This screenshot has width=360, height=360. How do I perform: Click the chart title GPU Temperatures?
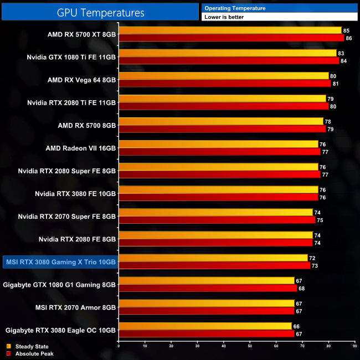pyautogui.click(x=100, y=12)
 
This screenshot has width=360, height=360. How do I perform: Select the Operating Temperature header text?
pyautogui.click(x=235, y=8)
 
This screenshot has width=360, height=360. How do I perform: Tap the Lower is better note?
pyautogui.click(x=224, y=17)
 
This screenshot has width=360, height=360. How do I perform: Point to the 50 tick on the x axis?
pyautogui.click(x=250, y=347)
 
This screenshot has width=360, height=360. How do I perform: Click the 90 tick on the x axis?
pyautogui.click(x=354, y=347)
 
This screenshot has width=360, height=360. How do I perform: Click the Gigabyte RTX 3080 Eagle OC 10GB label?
pyautogui.click(x=60, y=330)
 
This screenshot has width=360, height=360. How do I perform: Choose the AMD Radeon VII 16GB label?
pyautogui.click(x=81, y=148)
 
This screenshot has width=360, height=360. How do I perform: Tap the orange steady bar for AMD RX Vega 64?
pyautogui.click(x=224, y=76)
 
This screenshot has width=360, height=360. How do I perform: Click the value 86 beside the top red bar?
pyautogui.click(x=348, y=38)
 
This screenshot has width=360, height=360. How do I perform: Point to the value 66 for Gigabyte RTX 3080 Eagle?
pyautogui.click(x=296, y=326)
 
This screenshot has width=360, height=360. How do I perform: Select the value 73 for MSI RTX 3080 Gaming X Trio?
pyautogui.click(x=314, y=266)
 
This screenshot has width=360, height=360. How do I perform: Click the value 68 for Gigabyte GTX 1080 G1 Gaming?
pyautogui.click(x=301, y=289)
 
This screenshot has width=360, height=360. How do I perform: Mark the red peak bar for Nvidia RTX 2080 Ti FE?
pyautogui.click(x=224, y=106)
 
